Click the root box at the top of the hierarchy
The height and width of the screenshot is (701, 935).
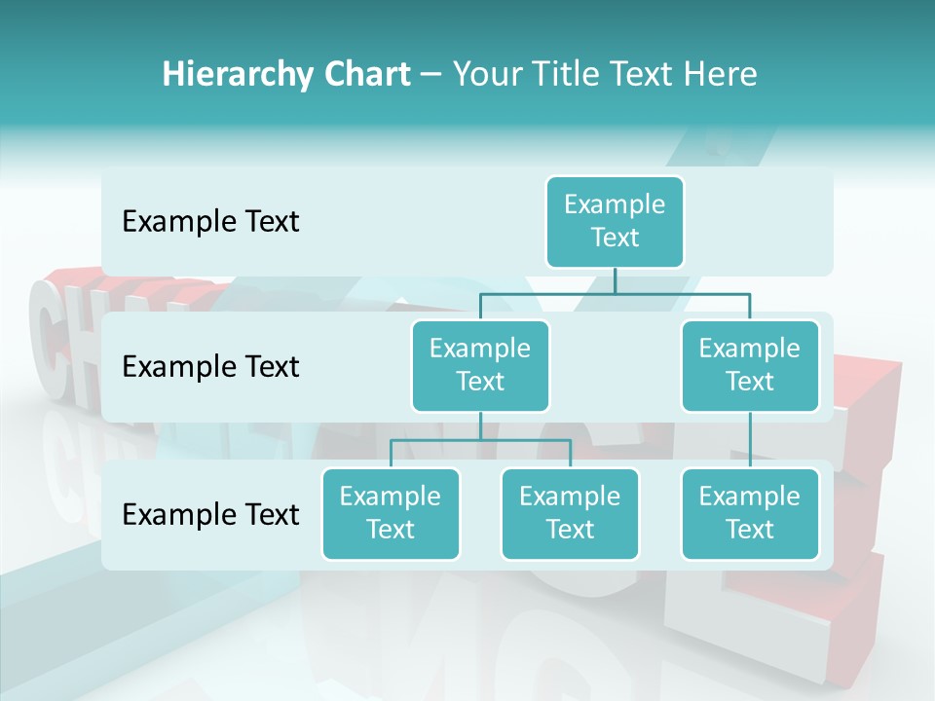(x=615, y=221)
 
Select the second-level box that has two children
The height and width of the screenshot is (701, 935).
(x=480, y=365)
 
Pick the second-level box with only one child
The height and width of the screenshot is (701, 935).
(x=750, y=365)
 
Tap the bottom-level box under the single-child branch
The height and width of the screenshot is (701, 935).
(x=750, y=513)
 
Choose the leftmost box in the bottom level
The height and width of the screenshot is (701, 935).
(x=391, y=513)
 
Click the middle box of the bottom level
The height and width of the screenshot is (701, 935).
(x=570, y=513)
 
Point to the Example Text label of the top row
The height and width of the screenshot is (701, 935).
(x=210, y=222)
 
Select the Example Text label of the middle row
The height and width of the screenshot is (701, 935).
(x=210, y=367)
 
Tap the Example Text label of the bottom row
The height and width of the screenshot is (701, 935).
(x=210, y=514)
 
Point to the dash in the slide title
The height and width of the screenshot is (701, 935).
(x=431, y=74)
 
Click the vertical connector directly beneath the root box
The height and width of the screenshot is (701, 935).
(x=615, y=280)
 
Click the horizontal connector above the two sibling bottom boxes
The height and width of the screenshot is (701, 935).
(x=480, y=440)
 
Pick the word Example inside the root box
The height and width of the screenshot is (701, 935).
(x=615, y=204)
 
